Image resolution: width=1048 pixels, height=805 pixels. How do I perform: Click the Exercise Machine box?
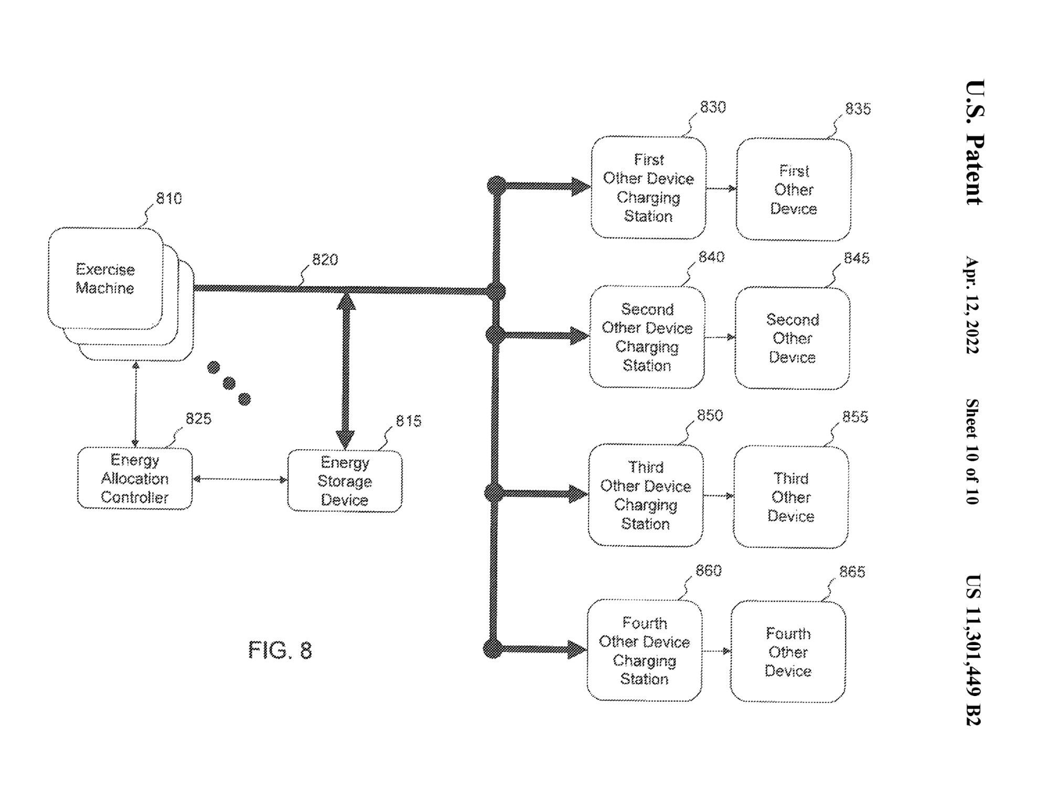pos(105,278)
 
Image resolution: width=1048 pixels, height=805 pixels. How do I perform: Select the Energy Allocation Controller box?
pos(135,478)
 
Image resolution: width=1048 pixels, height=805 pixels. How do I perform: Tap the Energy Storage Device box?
pos(345,481)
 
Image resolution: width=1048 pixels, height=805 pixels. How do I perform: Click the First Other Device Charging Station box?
pos(648,188)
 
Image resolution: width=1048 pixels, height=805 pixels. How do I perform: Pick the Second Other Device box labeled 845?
pos(792,339)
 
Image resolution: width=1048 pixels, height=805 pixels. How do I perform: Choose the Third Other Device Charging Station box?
pos(645,495)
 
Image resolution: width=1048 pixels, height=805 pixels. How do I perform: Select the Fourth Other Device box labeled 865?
pos(788,652)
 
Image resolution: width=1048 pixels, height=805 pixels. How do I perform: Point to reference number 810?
pos(169,199)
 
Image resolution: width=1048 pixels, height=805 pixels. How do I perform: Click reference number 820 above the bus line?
pos(325,259)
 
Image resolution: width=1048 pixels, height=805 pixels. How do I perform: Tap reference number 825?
pos(198,419)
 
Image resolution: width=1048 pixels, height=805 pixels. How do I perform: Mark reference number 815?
pos(409,421)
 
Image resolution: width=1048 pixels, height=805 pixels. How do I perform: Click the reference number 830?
pos(713,107)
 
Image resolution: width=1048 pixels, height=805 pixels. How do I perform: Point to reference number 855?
pos(855,417)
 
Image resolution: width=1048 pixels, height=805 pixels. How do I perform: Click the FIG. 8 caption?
pos(280,650)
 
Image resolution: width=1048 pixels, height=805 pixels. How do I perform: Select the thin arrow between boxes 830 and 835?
pos(721,188)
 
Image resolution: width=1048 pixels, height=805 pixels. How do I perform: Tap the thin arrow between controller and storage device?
pos(240,479)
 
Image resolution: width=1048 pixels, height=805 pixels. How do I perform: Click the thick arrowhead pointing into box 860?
pos(577,650)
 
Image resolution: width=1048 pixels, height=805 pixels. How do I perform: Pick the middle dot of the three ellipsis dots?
pos(229,384)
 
